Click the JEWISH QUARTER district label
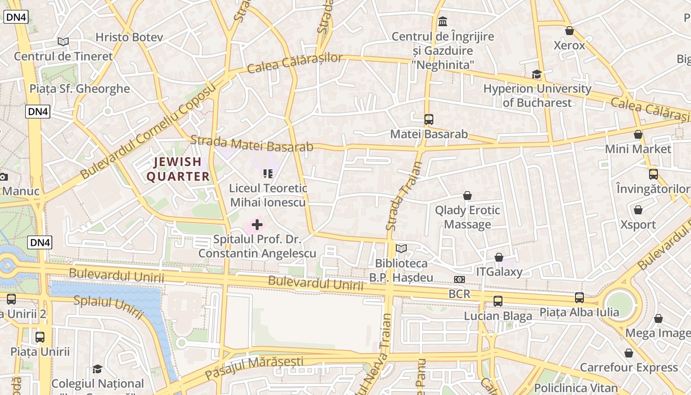click(178, 169)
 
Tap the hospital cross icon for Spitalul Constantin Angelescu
click(257, 225)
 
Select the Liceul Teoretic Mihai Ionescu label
click(268, 195)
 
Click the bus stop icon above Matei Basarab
click(428, 119)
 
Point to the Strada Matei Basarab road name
click(252, 144)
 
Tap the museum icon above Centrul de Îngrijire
click(443, 22)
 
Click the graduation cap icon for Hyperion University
click(537, 75)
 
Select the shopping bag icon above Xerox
click(570, 31)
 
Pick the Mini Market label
click(638, 149)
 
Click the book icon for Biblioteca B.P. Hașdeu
click(401, 249)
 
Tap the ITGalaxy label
click(499, 272)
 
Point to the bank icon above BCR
click(460, 279)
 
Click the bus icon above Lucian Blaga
click(498, 301)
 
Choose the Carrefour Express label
click(629, 367)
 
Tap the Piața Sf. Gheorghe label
click(79, 89)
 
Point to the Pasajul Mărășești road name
click(254, 367)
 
